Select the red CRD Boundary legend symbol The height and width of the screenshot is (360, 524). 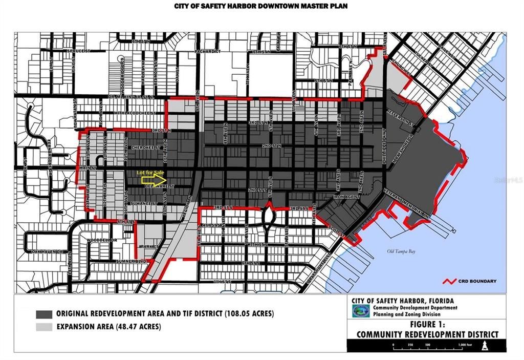click(x=449, y=281)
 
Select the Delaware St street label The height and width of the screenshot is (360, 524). click(x=163, y=186)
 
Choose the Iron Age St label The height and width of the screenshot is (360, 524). click(x=344, y=196)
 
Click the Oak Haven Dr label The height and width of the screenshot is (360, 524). click(x=46, y=252)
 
